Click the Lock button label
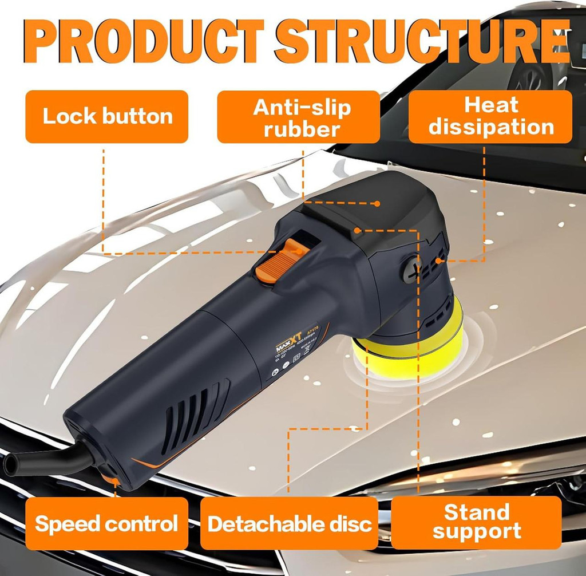pos(107,116)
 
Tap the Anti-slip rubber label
pos(298,117)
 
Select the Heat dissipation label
pos(490,116)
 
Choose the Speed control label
pos(106,523)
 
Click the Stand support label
pos(476,521)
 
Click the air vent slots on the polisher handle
pos(195,412)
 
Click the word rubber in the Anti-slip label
pos(302,129)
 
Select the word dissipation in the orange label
pos(491,127)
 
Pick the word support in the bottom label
pos(476,531)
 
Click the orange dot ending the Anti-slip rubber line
pos(377,203)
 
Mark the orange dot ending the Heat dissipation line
pos(438,261)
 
